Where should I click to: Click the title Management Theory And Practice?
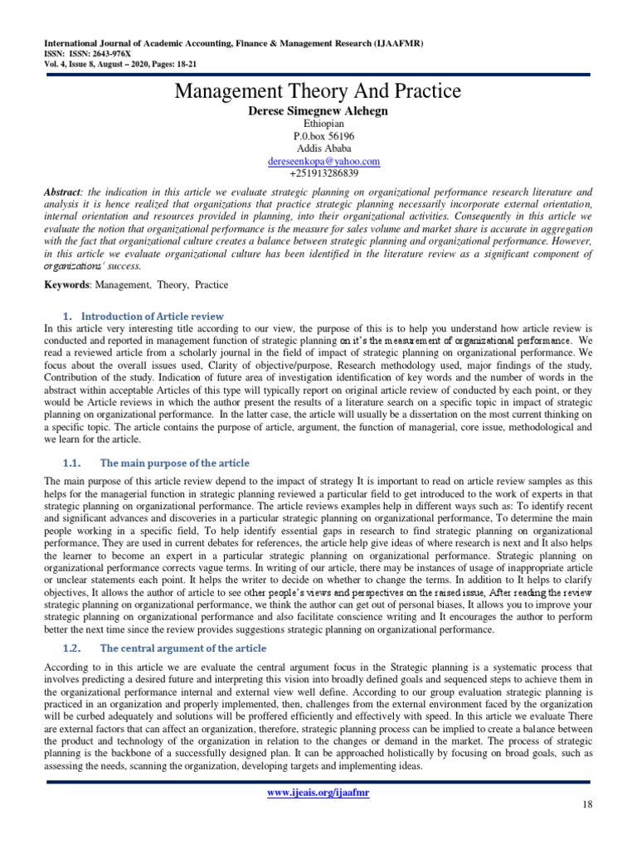tap(318, 90)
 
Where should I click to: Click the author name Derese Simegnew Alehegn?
tap(318, 110)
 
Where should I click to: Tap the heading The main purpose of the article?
tap(173, 463)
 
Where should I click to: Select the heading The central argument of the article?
tap(183, 647)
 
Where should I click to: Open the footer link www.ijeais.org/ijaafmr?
tap(318, 793)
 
